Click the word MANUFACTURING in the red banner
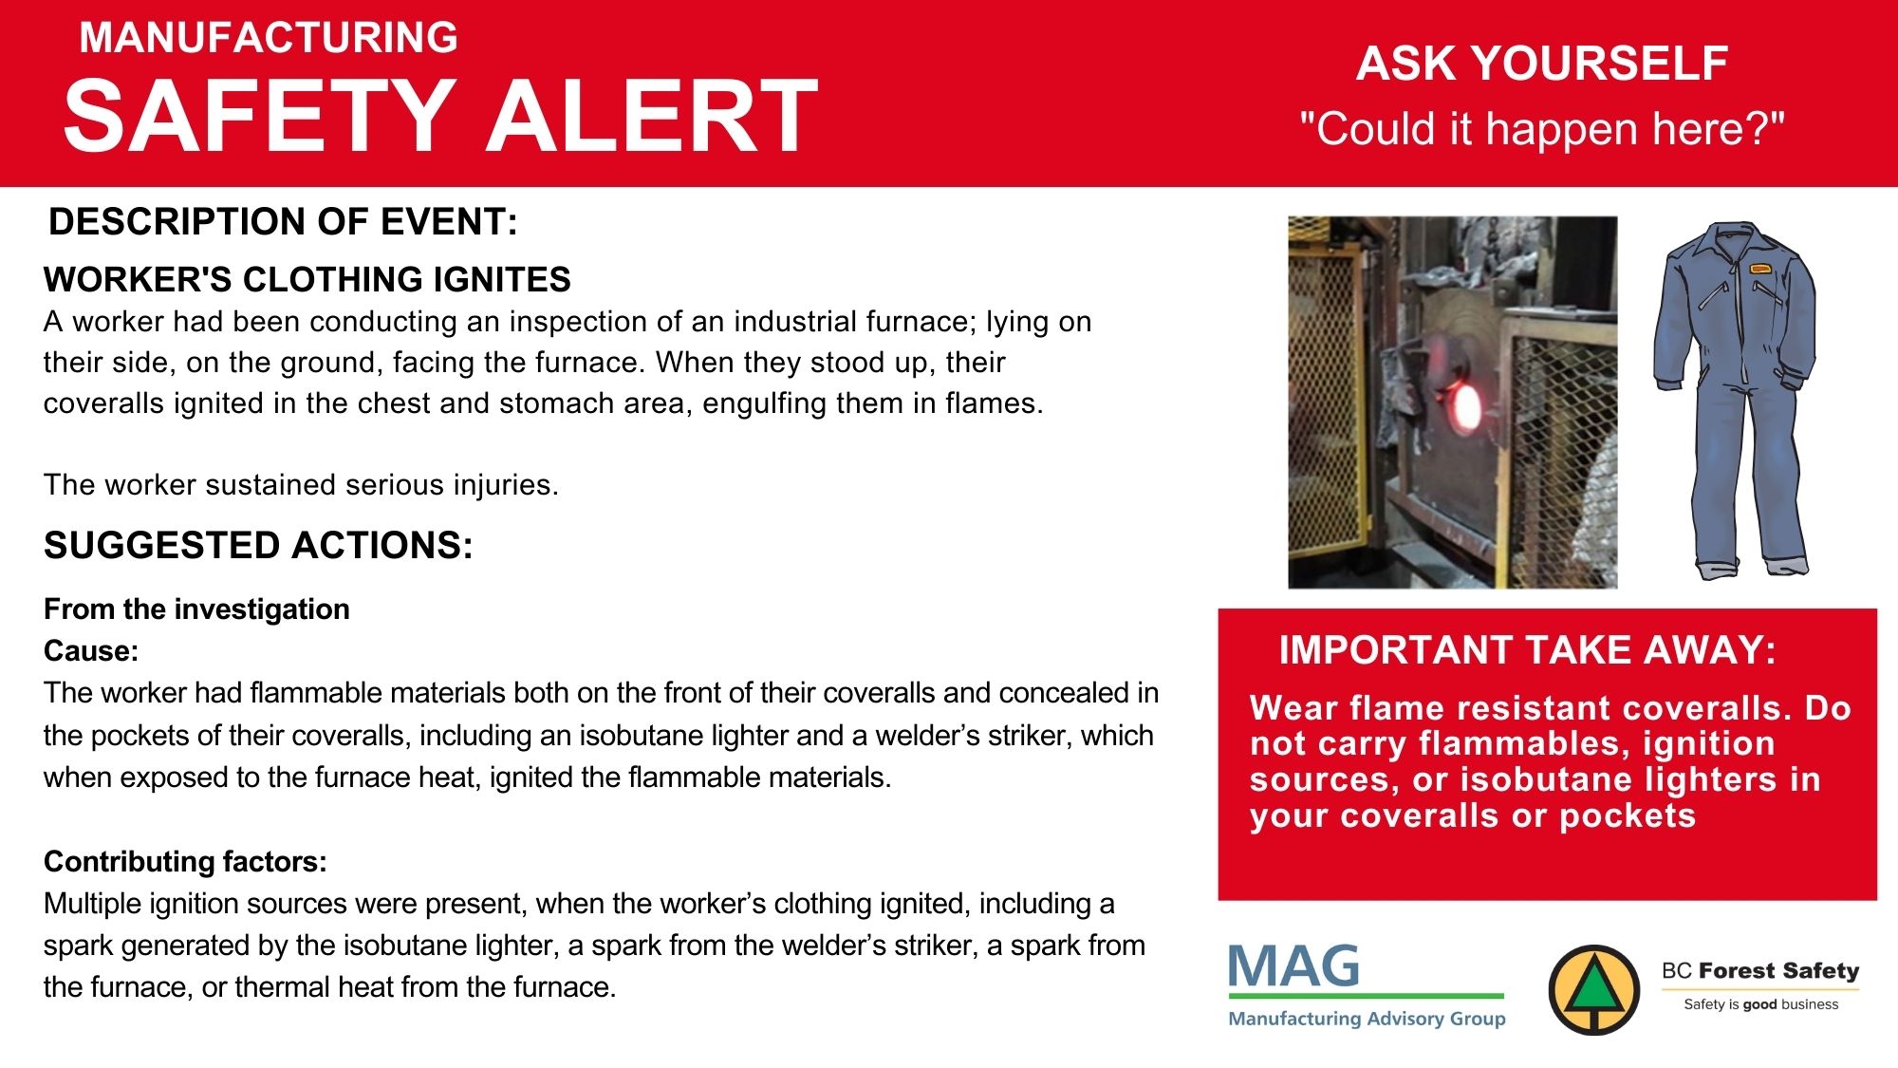coord(269,38)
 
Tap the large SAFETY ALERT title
coord(441,116)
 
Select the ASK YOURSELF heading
coord(1542,64)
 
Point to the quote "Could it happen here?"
coord(1542,128)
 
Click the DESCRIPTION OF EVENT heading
coord(283,221)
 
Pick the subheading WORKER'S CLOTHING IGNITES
coord(307,279)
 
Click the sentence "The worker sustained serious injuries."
coord(301,484)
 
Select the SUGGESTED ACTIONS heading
coord(258,545)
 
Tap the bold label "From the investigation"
coord(196,609)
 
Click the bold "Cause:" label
coord(91,650)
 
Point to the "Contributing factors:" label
coord(185,861)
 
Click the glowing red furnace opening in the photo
coord(1463,405)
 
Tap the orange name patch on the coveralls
coord(1760,269)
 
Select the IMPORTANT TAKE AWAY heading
coord(1527,650)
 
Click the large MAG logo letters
coord(1293,966)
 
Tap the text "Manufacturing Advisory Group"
coord(1367,1019)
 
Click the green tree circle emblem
coord(1594,990)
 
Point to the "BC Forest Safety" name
coord(1760,970)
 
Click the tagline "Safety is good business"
coord(1760,1004)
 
